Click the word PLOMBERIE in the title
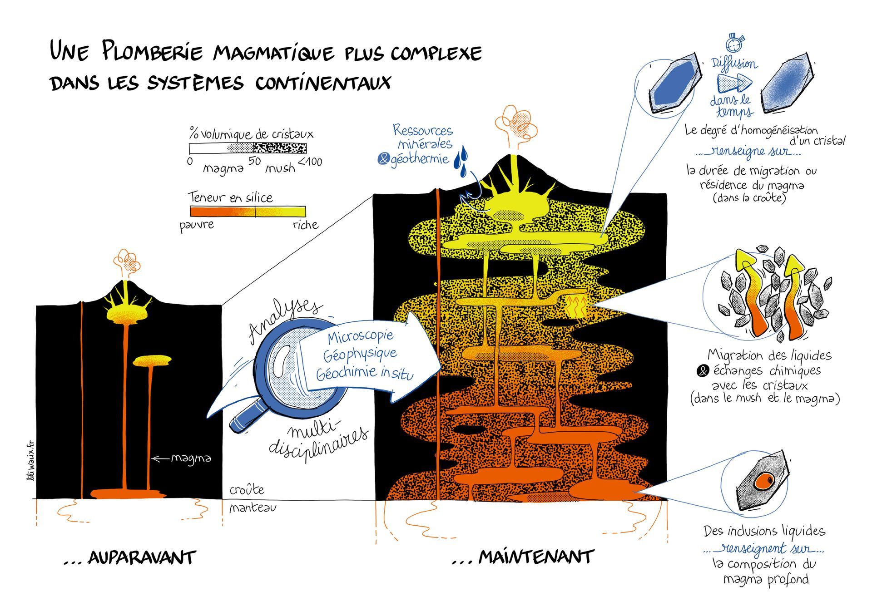153,51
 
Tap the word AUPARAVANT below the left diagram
142,557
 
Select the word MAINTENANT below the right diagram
536,557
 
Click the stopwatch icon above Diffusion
735,43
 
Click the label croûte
247,489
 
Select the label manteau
253,507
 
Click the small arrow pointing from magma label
160,458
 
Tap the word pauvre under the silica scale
196,226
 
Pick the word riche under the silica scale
305,224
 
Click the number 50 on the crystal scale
254,161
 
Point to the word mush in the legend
280,168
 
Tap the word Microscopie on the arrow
361,337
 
